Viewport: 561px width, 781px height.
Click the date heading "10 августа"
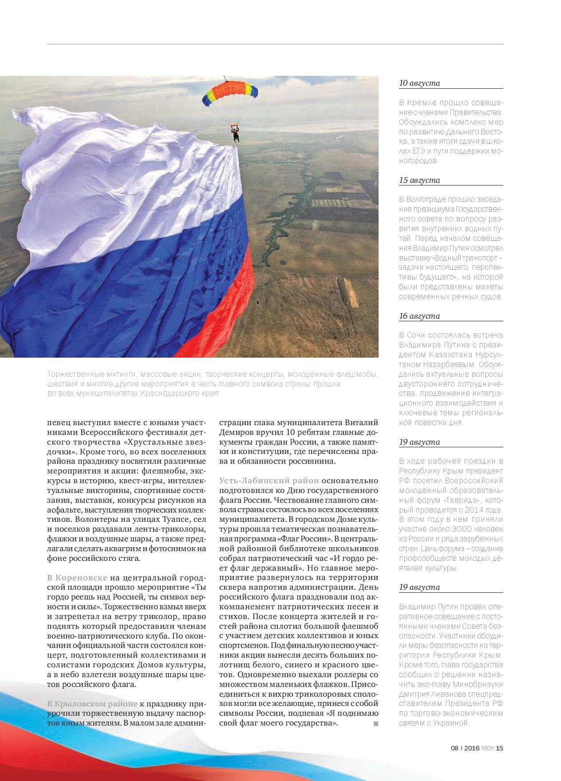click(419, 83)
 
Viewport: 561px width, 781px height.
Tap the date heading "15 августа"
click(419, 180)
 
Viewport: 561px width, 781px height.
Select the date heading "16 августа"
click(419, 316)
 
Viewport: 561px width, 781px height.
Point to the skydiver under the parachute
click(235, 133)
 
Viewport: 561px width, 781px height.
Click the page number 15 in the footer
click(499, 748)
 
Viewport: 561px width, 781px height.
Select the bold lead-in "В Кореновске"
click(77, 577)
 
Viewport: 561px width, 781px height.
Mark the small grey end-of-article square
click(375, 724)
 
